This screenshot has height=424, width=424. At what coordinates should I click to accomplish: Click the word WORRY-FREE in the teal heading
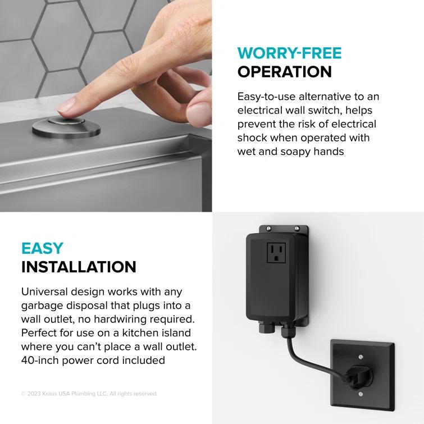pos(289,53)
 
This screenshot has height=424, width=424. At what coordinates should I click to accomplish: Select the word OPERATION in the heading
pos(284,72)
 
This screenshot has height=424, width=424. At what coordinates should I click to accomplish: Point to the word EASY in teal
pos(42,248)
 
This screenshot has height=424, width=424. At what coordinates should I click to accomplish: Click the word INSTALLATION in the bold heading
pos(79,267)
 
